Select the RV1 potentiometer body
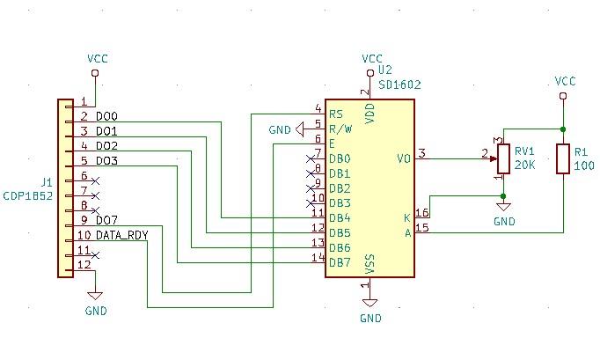click(x=502, y=159)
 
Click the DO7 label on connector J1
click(x=107, y=219)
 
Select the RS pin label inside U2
click(x=335, y=114)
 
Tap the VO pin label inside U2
click(x=404, y=159)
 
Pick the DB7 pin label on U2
click(x=339, y=261)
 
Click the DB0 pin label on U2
click(x=339, y=159)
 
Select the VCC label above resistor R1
click(x=565, y=81)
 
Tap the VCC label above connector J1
click(x=98, y=58)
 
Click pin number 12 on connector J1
click(x=84, y=264)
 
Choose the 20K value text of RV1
click(x=524, y=165)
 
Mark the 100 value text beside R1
click(x=582, y=165)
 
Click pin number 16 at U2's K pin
click(x=422, y=213)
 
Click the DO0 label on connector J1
click(x=107, y=116)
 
